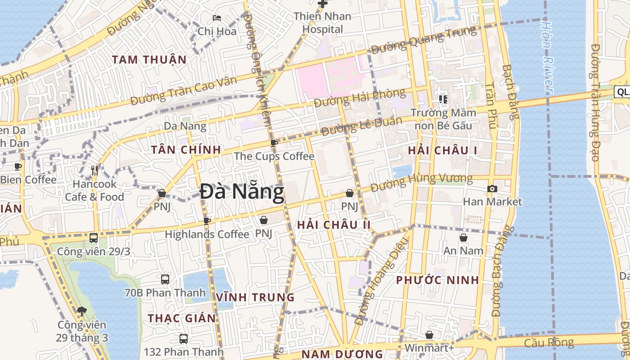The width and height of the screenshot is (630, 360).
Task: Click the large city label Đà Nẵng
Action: click(x=242, y=193)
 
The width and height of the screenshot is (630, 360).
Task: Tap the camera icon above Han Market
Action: click(x=492, y=189)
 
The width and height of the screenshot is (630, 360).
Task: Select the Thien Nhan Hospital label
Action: click(x=322, y=22)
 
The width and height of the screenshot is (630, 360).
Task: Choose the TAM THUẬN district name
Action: click(x=149, y=59)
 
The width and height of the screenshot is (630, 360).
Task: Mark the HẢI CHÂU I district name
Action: click(x=442, y=151)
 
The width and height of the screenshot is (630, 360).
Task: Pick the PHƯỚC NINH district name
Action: click(x=437, y=280)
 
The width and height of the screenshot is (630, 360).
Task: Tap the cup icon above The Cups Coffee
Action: click(x=274, y=144)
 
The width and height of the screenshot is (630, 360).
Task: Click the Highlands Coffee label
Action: click(x=207, y=234)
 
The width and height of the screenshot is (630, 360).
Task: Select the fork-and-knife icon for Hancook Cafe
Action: click(x=94, y=170)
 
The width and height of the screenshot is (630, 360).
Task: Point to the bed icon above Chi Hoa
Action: click(x=217, y=18)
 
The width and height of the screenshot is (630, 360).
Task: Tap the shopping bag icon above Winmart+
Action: click(x=429, y=335)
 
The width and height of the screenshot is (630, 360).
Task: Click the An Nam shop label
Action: click(x=463, y=250)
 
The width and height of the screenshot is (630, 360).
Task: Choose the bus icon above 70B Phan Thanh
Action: click(x=165, y=279)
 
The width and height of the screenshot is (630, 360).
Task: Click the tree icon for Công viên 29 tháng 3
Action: click(x=82, y=311)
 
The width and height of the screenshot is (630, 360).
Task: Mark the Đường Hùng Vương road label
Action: click(x=422, y=181)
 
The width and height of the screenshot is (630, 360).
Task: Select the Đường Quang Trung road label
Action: click(x=423, y=40)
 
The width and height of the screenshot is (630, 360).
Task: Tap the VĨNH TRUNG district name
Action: click(x=255, y=297)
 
